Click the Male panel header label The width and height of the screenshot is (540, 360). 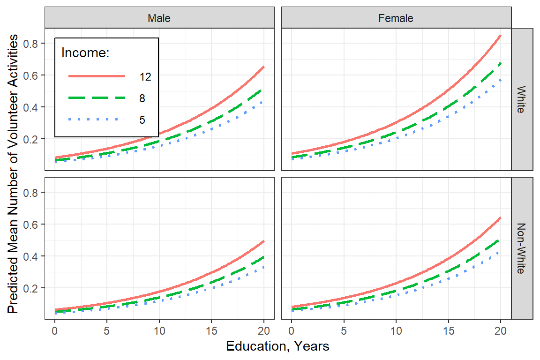(x=159, y=18)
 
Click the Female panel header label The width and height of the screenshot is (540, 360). (x=396, y=18)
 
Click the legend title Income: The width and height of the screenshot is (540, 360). (x=85, y=53)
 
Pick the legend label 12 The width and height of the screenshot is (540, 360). (x=145, y=77)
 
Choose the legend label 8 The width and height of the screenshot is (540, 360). (x=142, y=98)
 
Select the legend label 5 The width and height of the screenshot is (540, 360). (x=142, y=120)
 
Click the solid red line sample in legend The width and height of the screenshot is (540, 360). (x=97, y=76)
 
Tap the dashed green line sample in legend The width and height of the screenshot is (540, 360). (x=97, y=97)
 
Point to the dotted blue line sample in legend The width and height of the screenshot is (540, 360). (x=97, y=120)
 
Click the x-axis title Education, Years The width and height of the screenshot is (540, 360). (x=277, y=346)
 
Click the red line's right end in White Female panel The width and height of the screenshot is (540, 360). (x=501, y=36)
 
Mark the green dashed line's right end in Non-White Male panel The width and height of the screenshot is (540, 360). (x=263, y=257)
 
